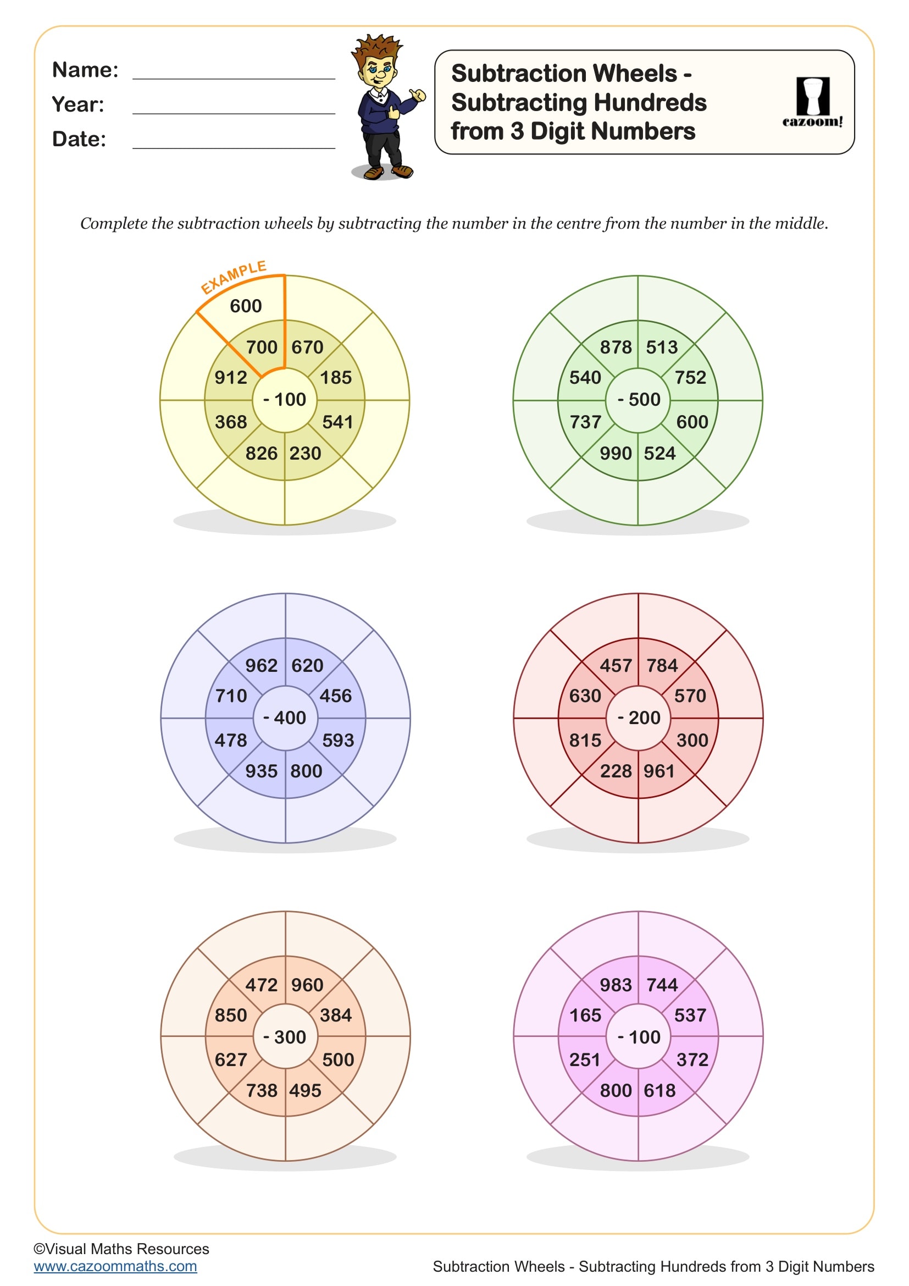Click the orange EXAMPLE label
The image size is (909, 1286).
(234, 276)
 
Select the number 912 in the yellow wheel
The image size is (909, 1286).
(231, 378)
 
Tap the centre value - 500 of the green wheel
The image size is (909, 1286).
(638, 400)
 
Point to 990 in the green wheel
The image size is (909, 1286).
(615, 453)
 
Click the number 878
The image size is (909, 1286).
(615, 347)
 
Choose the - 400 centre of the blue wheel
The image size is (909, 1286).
(285, 718)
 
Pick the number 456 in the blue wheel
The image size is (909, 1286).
(335, 696)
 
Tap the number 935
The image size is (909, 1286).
(262, 771)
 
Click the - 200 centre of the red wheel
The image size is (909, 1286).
(638, 718)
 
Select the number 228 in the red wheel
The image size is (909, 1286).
(615, 771)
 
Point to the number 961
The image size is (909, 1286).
(659, 771)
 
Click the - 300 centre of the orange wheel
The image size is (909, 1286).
(285, 1037)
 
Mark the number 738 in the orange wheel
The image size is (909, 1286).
(262, 1090)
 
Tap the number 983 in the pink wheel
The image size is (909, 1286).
(615, 985)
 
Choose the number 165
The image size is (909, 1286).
(585, 1015)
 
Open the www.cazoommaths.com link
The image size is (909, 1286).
(115, 1266)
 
